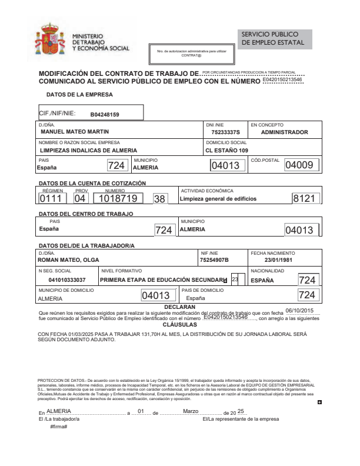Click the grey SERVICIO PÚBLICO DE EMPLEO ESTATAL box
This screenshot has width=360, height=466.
coord(275,39)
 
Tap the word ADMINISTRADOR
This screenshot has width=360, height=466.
coord(284,132)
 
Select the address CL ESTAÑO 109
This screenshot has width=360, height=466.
coord(227,150)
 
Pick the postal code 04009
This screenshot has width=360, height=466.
coord(299,165)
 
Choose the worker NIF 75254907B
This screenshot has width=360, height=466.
coord(214,260)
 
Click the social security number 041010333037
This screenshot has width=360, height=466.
coord(67,280)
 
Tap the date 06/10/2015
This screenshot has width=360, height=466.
coord(301,310)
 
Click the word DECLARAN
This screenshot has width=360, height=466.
coord(180,307)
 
